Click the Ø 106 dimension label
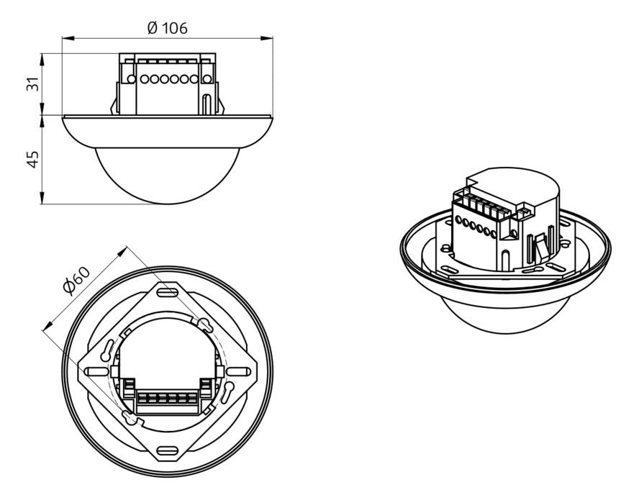166,28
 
